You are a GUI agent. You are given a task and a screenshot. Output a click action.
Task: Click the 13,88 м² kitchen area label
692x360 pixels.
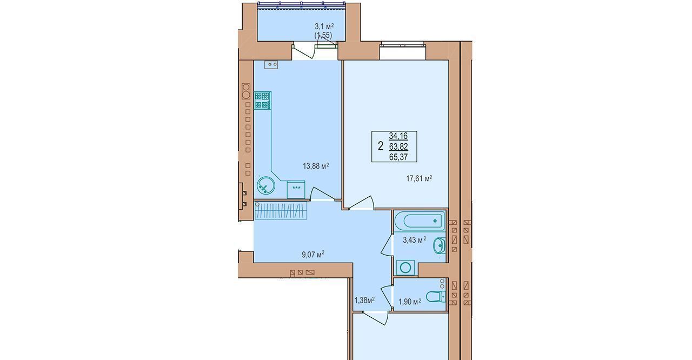[x=316, y=166]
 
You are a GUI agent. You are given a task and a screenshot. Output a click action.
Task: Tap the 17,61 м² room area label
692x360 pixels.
[x=419, y=178]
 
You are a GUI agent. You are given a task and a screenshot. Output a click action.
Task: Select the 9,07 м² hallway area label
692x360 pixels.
[x=313, y=255]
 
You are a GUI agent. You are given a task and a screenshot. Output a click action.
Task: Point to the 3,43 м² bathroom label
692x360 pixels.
[x=415, y=240]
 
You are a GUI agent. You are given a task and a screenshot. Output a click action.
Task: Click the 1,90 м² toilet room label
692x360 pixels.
[x=410, y=302]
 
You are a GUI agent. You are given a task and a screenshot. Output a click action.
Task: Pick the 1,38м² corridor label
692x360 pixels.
[x=364, y=300]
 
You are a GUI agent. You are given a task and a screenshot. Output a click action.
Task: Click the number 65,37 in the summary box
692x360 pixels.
[x=398, y=157]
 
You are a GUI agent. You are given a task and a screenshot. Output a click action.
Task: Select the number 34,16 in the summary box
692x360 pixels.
[x=398, y=136]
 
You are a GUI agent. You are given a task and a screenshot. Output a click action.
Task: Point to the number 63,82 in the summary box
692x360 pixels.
[x=398, y=146]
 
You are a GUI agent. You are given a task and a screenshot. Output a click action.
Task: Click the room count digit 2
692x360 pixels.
[x=380, y=146]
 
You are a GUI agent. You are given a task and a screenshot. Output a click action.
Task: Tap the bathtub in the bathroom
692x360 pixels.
[x=420, y=221]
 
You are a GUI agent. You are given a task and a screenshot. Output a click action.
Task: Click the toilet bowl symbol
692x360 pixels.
[x=436, y=297]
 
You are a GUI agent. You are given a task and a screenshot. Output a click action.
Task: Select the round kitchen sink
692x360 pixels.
[x=265, y=185]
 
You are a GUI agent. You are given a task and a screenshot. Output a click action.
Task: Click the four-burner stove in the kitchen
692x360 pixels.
[x=263, y=101]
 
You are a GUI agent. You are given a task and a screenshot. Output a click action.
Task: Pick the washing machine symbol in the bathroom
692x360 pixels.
[x=405, y=268]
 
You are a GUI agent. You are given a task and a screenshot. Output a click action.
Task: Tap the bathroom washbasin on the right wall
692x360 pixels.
[x=440, y=245]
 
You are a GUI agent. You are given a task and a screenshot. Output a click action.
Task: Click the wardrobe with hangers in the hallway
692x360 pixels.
[x=281, y=210]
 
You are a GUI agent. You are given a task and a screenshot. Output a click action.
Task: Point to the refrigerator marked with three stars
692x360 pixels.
[x=296, y=190]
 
